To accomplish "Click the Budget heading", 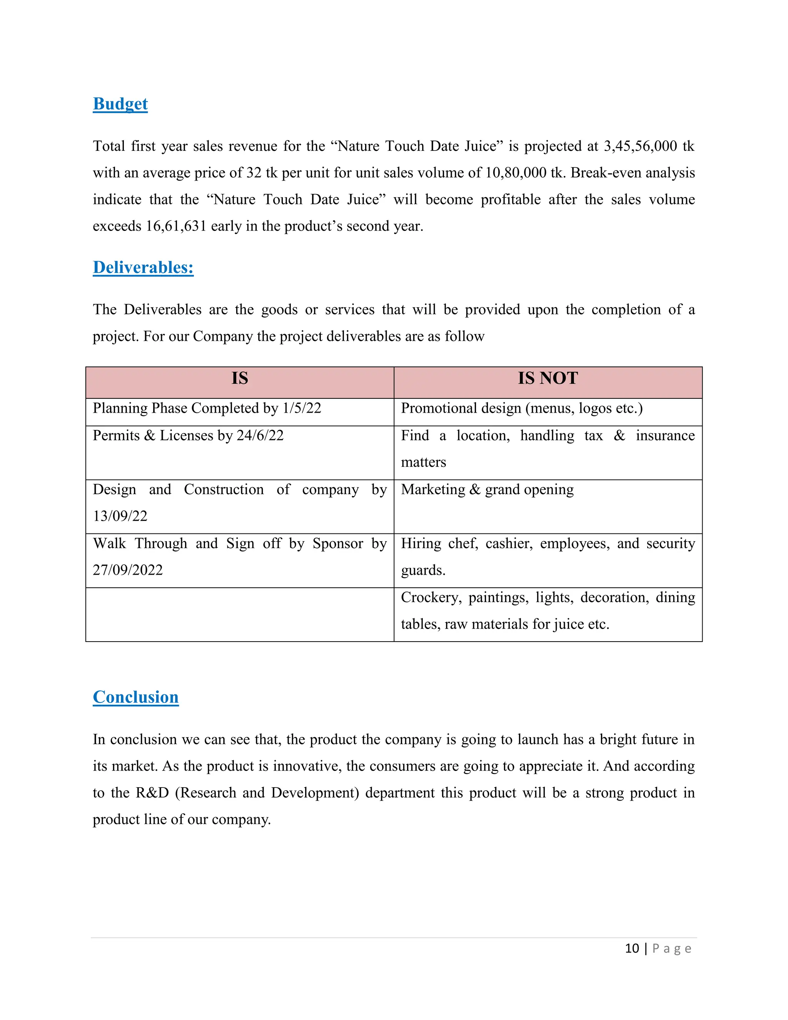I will coord(120,104).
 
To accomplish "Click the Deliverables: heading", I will coord(143,267).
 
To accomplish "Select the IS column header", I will coord(239,378).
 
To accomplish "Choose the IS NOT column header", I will coord(548,378).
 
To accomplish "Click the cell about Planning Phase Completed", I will coord(207,408).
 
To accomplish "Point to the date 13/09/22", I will coord(120,516).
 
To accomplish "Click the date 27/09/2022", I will coord(127,570).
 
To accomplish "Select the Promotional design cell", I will coord(521,408).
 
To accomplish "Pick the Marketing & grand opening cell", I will coord(487,490).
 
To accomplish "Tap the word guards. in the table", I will coord(423,570).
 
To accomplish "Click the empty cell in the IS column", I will coord(239,615).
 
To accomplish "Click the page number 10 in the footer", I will coord(632,948).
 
